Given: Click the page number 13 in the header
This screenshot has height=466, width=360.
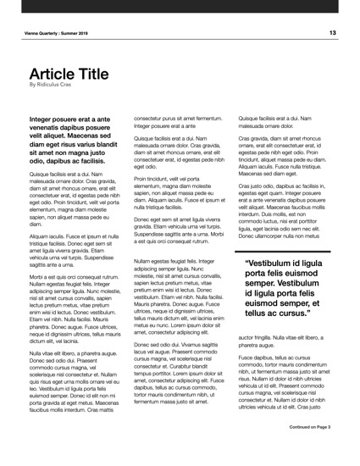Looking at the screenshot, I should click(x=333, y=32).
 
